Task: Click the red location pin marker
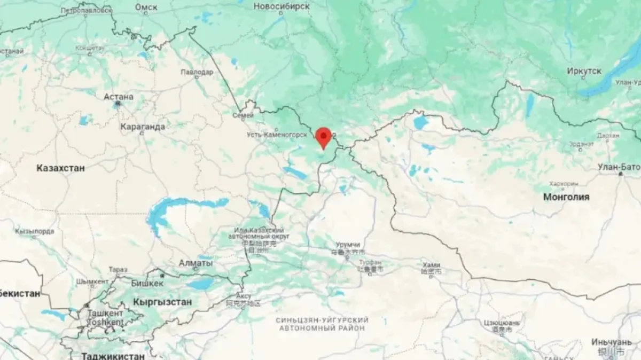point(323,137)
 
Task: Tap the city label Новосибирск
point(282,6)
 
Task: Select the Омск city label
point(146,7)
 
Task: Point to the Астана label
point(119,97)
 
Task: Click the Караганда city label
point(143,127)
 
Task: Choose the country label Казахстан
point(60,168)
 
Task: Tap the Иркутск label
point(584,71)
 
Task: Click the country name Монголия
point(566,197)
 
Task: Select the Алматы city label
point(196,264)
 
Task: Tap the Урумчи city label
point(348,244)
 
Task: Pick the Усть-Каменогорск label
point(277,135)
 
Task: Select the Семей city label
point(243,115)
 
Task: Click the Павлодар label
point(197,72)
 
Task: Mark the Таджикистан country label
point(113,356)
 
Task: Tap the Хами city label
point(431,265)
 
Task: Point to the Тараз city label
point(118,270)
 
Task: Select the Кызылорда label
point(35,231)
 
